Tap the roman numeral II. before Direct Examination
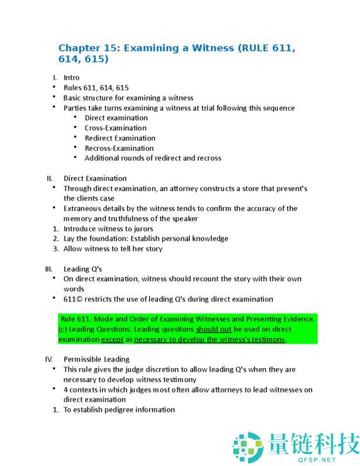(x=50, y=178)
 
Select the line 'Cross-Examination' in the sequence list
(x=115, y=128)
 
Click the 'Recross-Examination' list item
(x=120, y=148)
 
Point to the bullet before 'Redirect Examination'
(x=76, y=138)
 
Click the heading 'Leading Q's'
(x=83, y=269)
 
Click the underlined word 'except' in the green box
(x=112, y=339)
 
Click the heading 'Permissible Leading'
(x=96, y=359)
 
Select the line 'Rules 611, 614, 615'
(x=96, y=87)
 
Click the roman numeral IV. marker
(x=49, y=359)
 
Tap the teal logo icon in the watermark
(x=248, y=447)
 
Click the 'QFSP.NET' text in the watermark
(x=313, y=459)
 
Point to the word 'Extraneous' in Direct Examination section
(x=82, y=209)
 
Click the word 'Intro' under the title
(x=72, y=77)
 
